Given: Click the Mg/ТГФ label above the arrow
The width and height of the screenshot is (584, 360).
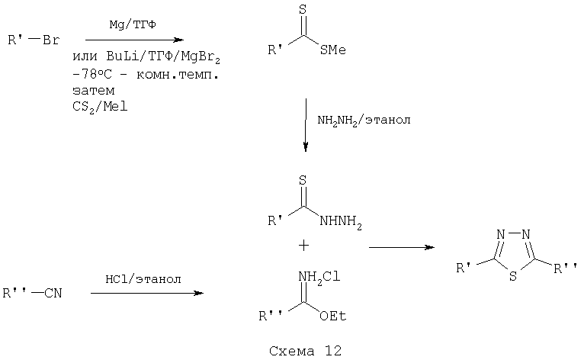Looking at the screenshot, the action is point(133,25).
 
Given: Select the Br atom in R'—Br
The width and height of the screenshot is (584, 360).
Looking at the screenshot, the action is point(51,40).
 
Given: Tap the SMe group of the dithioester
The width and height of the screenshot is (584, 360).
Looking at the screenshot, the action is point(332,50).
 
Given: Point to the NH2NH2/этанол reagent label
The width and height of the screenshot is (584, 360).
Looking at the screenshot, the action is point(364,120).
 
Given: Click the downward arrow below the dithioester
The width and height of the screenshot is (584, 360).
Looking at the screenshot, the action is point(306,125).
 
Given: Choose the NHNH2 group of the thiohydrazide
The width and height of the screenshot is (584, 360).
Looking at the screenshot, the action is point(341,221).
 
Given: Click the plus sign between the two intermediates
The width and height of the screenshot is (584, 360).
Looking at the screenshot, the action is point(303,246).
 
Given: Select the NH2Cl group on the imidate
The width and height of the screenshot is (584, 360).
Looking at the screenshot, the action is point(319,278).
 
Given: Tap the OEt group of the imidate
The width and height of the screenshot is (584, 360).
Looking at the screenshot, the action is point(333,316).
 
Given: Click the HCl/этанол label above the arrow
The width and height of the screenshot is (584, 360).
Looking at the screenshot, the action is point(143,279).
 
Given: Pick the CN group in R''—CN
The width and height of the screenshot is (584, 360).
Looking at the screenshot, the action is point(53,294).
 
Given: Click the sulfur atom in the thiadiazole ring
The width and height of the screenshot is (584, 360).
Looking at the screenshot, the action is point(513,276).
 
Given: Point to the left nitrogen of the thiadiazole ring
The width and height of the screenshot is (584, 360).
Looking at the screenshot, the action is point(501,234).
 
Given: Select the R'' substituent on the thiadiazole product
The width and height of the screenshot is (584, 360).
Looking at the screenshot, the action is point(565,268).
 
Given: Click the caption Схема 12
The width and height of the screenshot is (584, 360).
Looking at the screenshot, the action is point(305,351).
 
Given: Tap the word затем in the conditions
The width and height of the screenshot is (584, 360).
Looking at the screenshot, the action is point(94,91).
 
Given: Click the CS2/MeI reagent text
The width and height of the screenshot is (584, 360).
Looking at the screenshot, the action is point(100,108).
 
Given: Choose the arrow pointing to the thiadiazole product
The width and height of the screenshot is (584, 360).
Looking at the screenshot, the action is point(402,247).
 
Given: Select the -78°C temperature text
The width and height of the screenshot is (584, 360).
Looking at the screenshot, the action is point(92,74).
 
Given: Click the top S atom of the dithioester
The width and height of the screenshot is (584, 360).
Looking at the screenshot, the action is point(303,10).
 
